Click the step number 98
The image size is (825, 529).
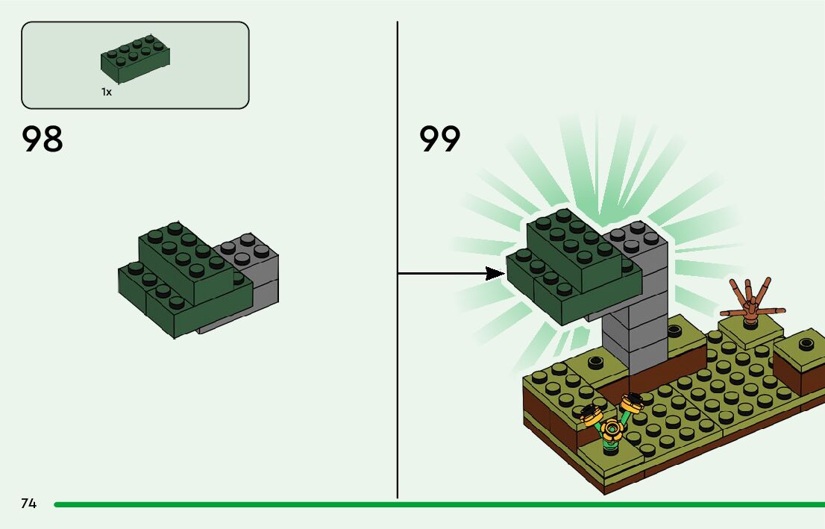point(43,140)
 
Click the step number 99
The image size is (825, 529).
point(440,140)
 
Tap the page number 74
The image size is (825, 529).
point(28,504)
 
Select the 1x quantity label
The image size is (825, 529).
point(107,92)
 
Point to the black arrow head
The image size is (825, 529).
point(495,274)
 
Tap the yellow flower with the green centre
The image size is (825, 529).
point(612,428)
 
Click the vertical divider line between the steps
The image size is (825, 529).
point(398,373)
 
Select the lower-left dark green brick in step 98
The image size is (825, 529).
point(142,287)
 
